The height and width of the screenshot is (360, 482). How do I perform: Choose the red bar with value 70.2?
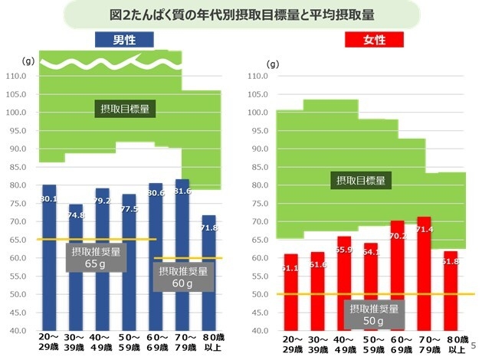[x=397, y=276]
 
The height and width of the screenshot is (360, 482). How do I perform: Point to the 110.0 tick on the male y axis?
[x=16, y=77]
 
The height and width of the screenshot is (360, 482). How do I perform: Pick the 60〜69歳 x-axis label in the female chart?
[x=397, y=343]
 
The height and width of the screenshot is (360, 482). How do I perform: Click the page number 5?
[x=474, y=345]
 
